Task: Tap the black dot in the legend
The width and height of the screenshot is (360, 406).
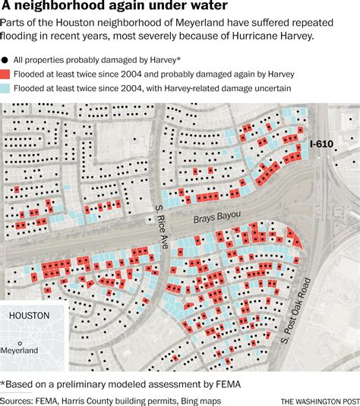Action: click(x=5, y=59)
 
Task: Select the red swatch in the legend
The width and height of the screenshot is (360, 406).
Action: click(x=6, y=74)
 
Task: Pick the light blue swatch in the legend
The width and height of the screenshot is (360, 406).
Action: click(x=6, y=90)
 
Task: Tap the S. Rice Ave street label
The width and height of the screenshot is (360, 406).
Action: click(x=159, y=204)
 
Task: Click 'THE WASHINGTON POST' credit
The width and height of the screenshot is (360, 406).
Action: click(x=318, y=401)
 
